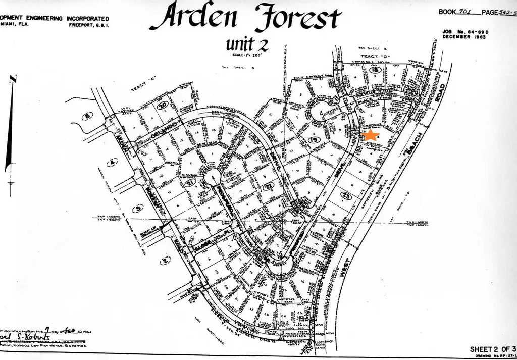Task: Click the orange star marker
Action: click(371, 135)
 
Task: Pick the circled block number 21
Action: click(190, 182)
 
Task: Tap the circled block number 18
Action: click(374, 71)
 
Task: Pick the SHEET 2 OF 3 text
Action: click(493, 349)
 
